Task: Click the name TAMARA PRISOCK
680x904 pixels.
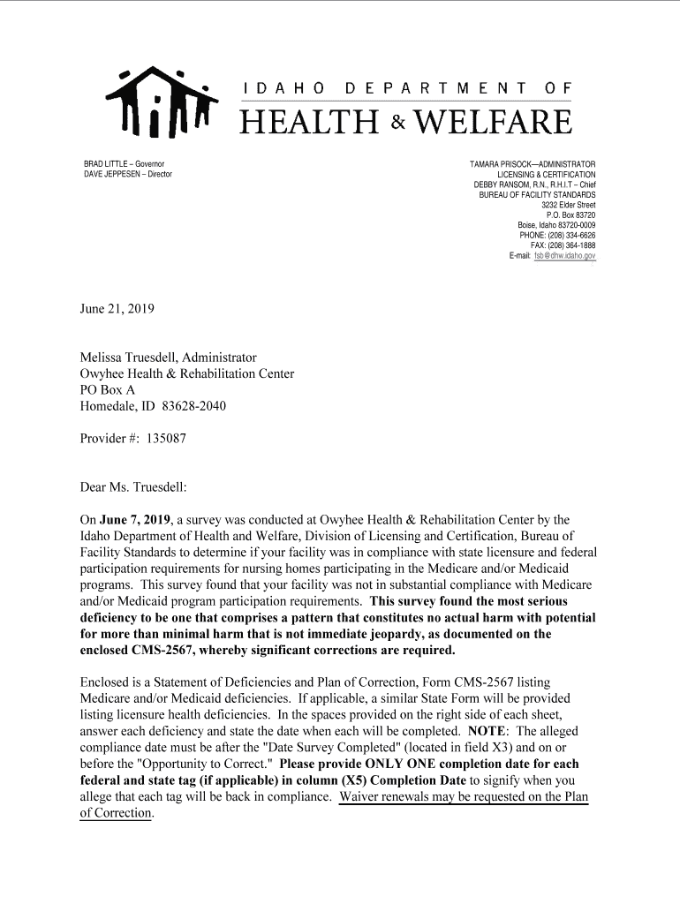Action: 502,165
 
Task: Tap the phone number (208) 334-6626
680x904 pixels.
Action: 571,236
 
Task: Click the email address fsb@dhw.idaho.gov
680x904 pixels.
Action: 564,256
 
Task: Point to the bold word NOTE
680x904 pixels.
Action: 486,732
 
